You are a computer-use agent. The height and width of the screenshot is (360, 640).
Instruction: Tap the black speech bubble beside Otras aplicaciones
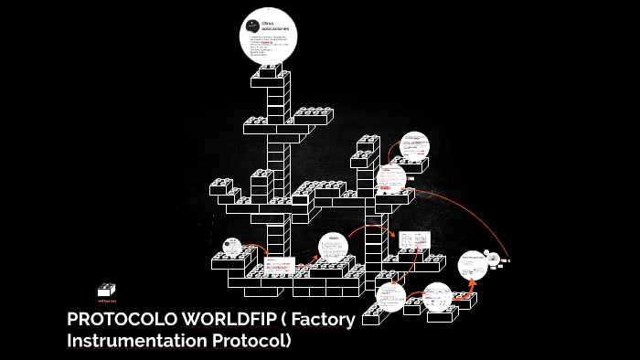(251, 23)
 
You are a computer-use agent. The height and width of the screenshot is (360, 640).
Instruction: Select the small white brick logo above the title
(107, 288)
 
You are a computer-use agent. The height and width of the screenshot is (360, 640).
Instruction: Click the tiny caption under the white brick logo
(107, 299)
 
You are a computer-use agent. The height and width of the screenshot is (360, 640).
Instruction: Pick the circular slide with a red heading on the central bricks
(334, 247)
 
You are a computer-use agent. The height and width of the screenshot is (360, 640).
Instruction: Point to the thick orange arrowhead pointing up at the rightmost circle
(472, 284)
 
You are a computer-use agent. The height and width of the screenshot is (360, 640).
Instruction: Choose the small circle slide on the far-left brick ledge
(232, 247)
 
